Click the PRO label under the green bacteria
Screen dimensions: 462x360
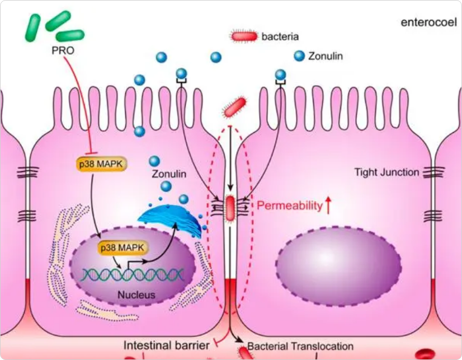tap(63, 50)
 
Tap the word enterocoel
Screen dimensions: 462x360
tap(428, 22)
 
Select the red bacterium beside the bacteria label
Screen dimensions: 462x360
tap(244, 36)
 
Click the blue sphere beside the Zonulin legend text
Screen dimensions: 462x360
tap(299, 56)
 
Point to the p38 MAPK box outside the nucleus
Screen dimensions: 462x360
tap(102, 164)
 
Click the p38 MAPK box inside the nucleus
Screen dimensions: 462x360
tap(123, 247)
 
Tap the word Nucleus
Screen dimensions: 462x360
tap(136, 294)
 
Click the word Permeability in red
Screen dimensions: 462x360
tap(290, 205)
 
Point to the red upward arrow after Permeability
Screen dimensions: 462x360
tap(328, 205)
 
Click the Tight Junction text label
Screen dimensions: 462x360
tap(386, 172)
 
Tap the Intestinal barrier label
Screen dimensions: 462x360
tap(167, 345)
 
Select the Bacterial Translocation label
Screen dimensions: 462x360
tap(300, 346)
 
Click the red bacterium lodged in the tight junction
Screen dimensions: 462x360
tap(230, 209)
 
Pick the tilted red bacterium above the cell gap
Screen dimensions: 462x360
tap(234, 107)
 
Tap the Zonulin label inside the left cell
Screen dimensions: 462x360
tap(169, 174)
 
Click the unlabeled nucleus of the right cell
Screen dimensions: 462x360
tap(338, 267)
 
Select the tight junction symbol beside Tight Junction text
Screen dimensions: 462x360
tap(433, 172)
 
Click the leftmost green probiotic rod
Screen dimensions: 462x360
tap(32, 28)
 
